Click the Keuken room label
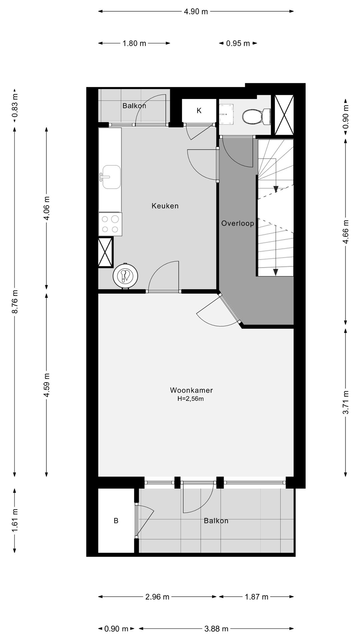(165, 206)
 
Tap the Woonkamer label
(191, 390)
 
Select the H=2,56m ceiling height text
(190, 399)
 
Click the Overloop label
(238, 223)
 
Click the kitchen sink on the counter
(111, 177)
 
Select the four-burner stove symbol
(110, 224)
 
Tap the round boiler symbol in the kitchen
(125, 276)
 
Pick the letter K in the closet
(199, 111)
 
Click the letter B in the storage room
(116, 521)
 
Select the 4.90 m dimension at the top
(196, 12)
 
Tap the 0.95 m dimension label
(238, 43)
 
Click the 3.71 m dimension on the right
(346, 402)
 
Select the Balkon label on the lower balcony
(216, 521)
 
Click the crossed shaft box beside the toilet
(284, 115)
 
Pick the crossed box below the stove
(105, 252)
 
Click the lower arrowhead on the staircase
(275, 272)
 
